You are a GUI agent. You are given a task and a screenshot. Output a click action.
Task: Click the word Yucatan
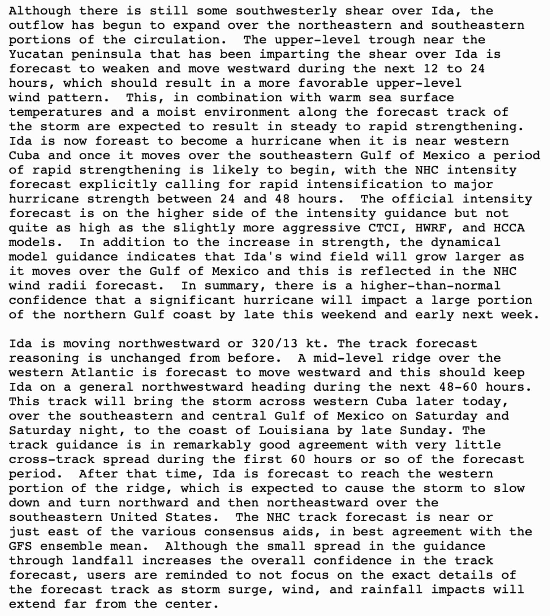[36, 54]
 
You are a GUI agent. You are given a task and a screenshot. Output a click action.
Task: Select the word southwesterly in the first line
[286, 11]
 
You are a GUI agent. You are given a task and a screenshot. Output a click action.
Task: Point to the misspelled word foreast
[122, 141]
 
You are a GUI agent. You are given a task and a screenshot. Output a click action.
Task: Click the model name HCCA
[509, 228]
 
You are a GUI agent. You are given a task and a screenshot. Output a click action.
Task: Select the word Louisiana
[293, 430]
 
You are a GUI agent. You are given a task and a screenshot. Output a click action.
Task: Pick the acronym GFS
[21, 546]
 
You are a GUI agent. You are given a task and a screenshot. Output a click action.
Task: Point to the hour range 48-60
[458, 387]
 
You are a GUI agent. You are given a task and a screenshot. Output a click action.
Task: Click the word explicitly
[118, 184]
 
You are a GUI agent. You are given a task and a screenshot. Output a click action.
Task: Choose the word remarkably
[212, 445]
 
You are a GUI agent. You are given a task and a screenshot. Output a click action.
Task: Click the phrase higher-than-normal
[430, 286]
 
